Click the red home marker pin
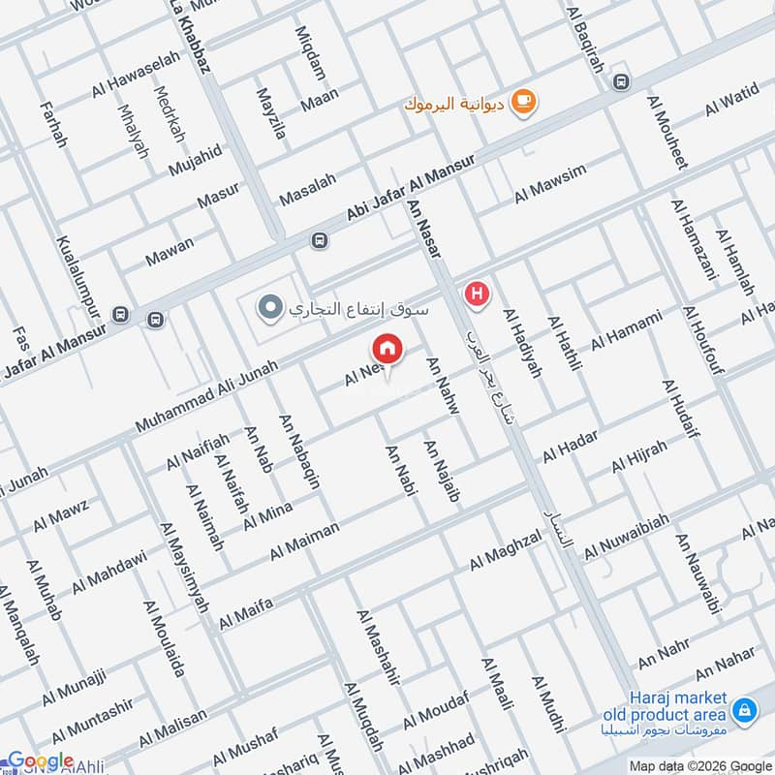click(386, 347)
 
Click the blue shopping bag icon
click(744, 712)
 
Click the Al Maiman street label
click(305, 541)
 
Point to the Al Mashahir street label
click(378, 648)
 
